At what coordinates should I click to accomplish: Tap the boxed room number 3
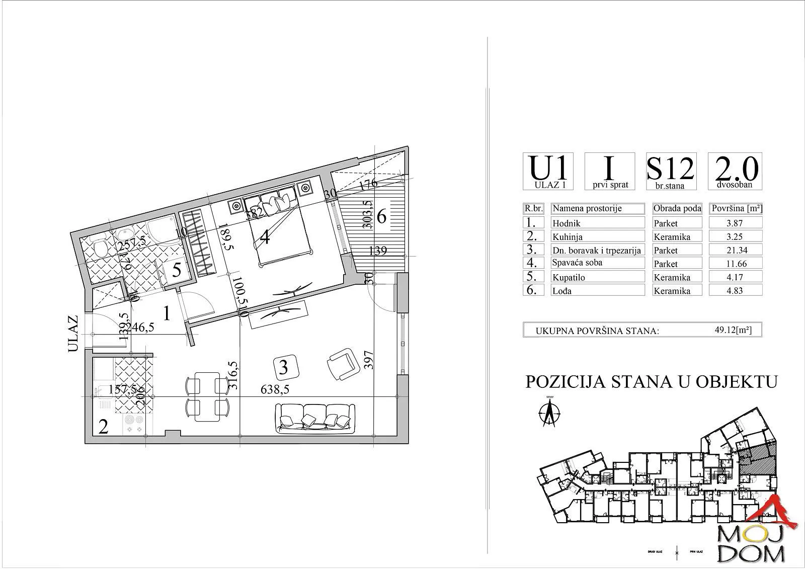pos(283,367)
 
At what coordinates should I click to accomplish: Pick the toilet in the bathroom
pos(101,247)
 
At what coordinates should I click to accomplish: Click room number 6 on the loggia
pos(381,217)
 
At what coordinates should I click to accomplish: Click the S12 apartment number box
pos(670,171)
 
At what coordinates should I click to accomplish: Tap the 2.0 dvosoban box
pos(735,171)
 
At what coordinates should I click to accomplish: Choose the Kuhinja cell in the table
pos(598,236)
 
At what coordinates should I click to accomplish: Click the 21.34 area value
pos(735,250)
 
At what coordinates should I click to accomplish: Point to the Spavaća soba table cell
pos(598,263)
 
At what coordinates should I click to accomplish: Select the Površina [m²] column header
pos(735,208)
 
